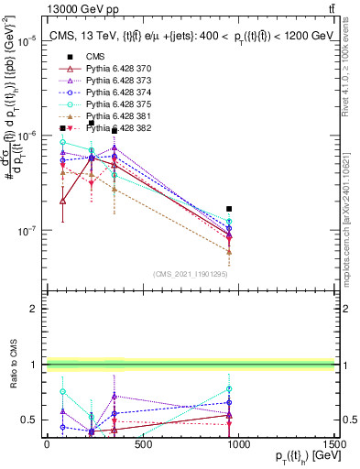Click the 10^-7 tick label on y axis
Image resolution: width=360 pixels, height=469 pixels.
point(28,231)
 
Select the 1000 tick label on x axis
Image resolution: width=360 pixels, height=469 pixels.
point(238,444)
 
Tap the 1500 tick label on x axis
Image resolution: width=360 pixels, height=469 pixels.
point(333,444)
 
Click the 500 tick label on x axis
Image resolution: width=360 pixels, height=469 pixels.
point(142,444)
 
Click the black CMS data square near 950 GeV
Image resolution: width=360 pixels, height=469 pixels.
point(229,209)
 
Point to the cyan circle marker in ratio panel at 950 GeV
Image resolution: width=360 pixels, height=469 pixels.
point(229,389)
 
